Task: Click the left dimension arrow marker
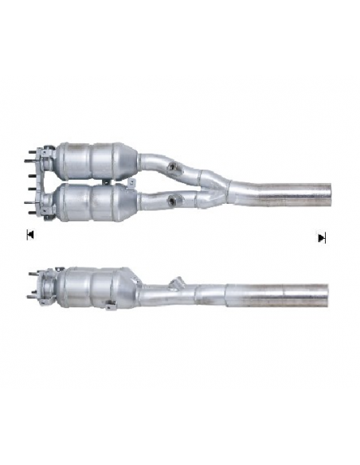(29, 235)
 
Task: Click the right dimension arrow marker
(322, 237)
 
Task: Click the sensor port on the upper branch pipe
(174, 167)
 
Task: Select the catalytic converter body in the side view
(92, 286)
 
